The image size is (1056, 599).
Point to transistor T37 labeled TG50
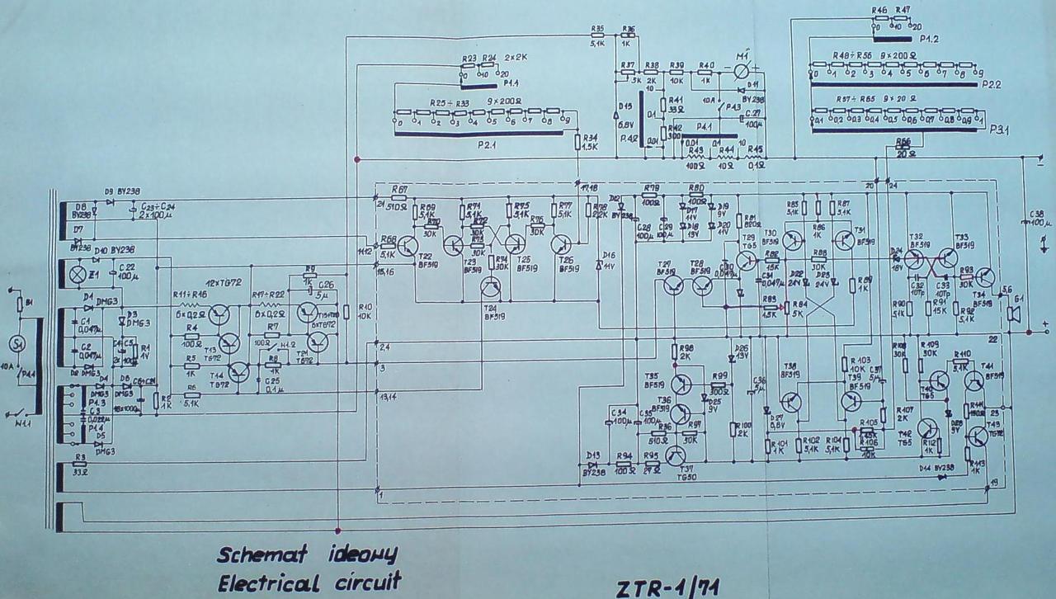pos(676,456)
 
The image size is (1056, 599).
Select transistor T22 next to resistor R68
pos(409,245)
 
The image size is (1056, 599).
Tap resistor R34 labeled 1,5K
pos(578,142)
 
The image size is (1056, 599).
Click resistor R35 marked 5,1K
pos(597,35)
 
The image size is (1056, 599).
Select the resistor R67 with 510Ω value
pos(399,199)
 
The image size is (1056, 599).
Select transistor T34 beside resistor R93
pos(988,277)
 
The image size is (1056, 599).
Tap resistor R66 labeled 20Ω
pos(904,151)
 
